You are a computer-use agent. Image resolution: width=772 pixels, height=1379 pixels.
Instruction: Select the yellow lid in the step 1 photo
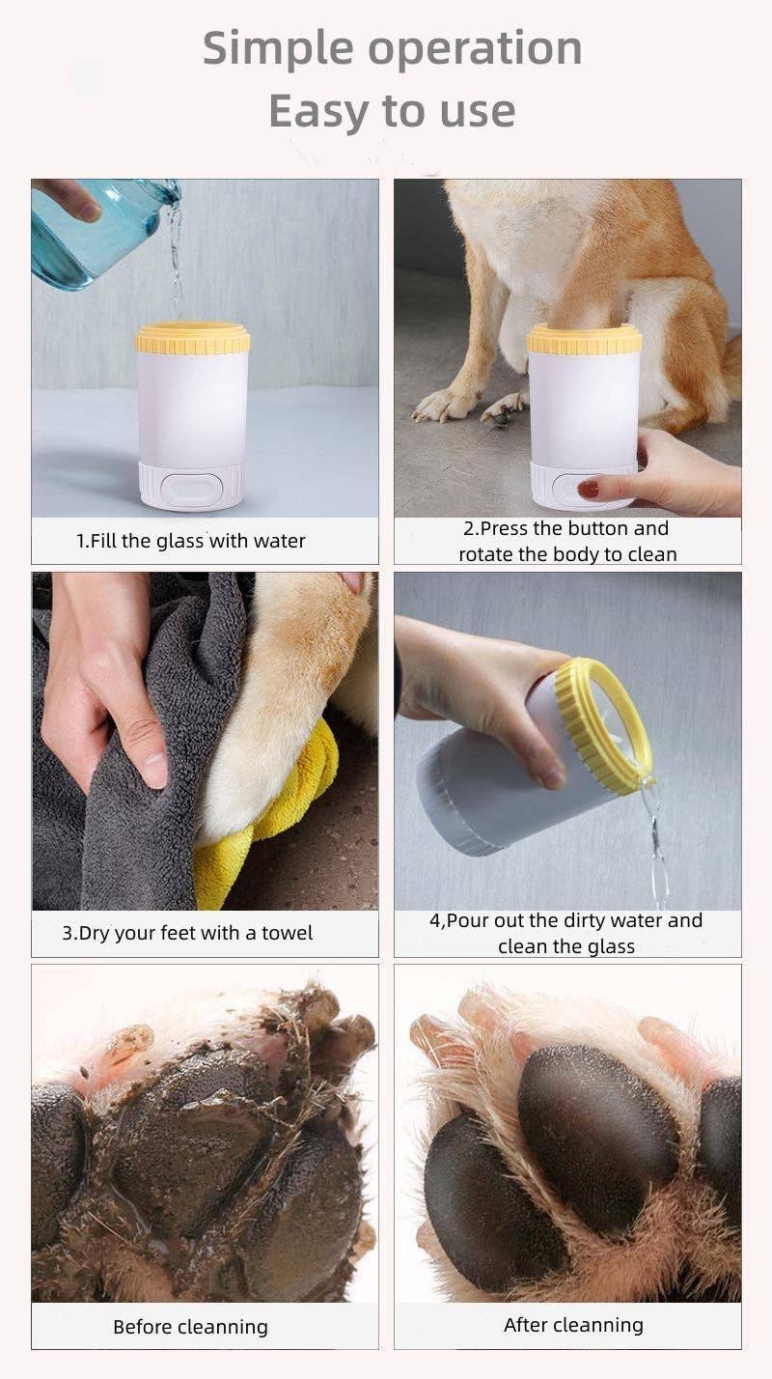[192, 338]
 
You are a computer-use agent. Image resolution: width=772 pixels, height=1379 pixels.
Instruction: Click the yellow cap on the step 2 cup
[584, 339]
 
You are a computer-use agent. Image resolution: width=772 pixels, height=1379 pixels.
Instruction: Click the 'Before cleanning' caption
[190, 1327]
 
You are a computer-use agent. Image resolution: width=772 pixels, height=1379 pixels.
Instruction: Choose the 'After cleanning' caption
[573, 1325]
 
